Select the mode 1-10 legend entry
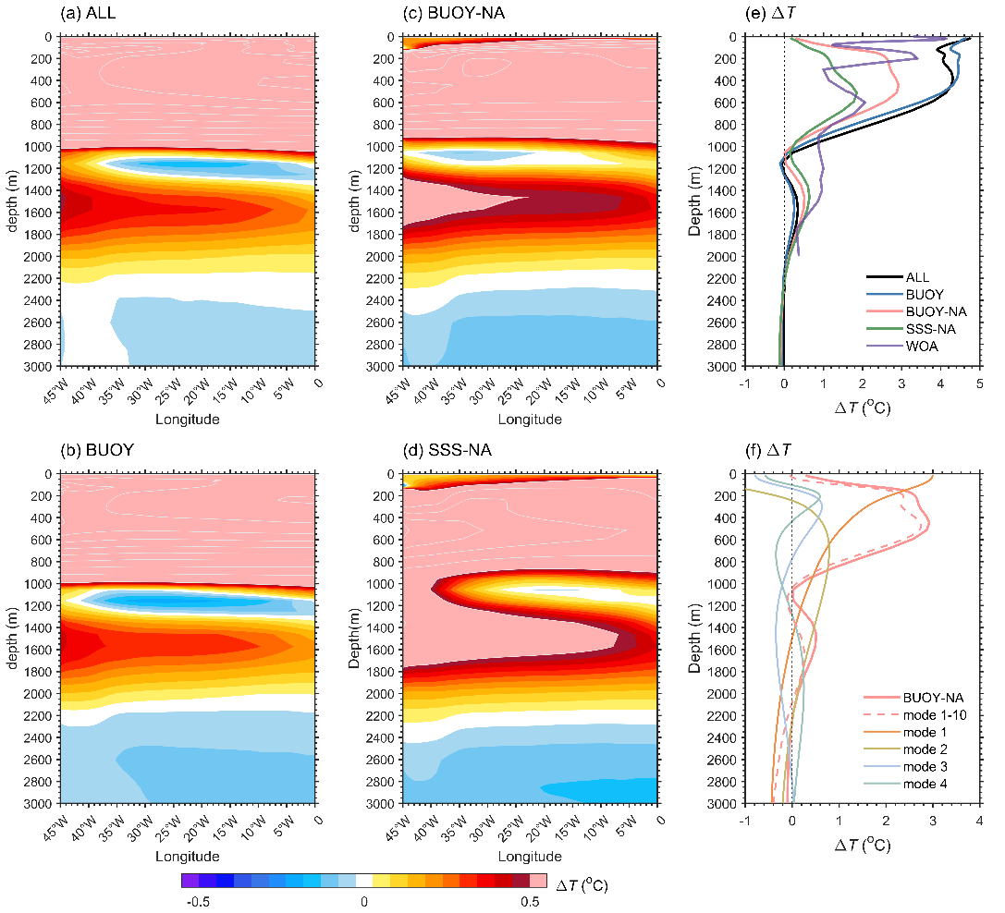(933, 714)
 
